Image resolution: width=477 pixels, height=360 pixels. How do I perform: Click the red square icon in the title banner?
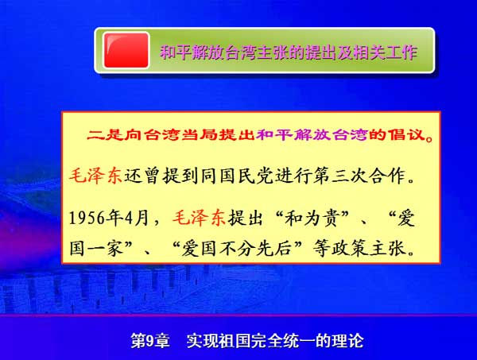point(126,51)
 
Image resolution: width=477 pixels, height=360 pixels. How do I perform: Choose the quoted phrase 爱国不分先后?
point(237,249)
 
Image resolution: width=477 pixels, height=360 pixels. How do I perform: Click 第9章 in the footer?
point(150,341)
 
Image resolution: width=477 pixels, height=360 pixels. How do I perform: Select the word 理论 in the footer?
point(347,341)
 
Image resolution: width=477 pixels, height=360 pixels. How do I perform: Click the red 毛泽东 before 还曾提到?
point(96,176)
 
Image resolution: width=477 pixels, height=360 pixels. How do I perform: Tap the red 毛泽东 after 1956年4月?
point(200,218)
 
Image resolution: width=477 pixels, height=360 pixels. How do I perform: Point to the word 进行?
point(293,176)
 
